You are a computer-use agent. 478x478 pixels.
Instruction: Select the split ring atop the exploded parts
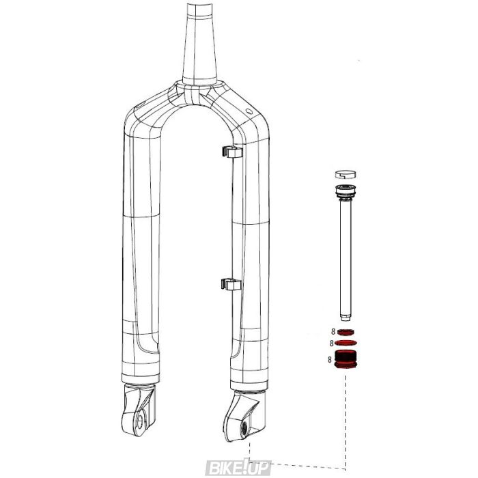pyautogui.click(x=347, y=175)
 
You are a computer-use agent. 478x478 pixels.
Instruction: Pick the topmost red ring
pyautogui.click(x=347, y=331)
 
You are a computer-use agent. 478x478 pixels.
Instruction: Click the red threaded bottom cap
pyautogui.click(x=347, y=358)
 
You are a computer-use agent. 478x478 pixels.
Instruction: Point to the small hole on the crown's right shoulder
pyautogui.click(x=247, y=110)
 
